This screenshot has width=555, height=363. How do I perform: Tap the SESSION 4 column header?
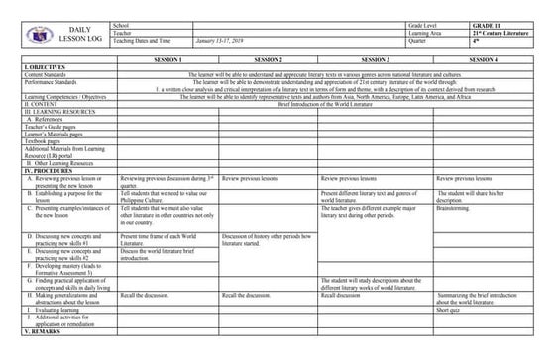pos(484,60)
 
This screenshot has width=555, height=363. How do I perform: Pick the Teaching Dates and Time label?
pos(148,40)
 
